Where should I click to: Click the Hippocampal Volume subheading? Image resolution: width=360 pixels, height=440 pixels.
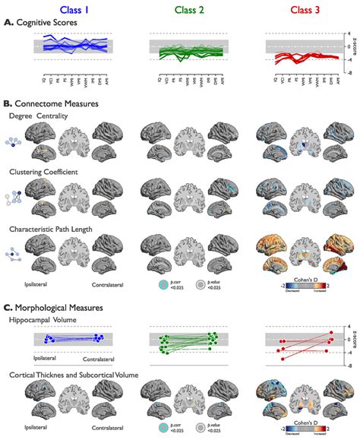coord(45,321)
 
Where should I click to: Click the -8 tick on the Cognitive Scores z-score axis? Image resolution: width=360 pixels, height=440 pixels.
coord(327,74)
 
